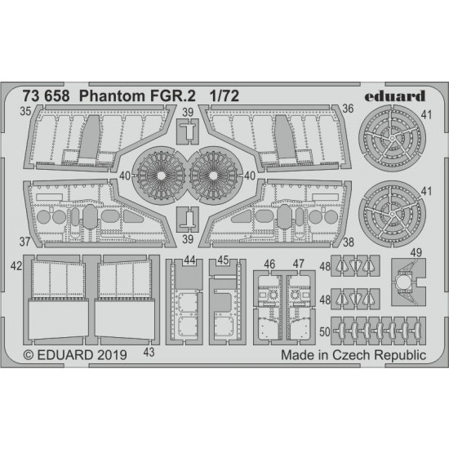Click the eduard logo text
click(x=395, y=96)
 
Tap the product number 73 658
click(x=46, y=96)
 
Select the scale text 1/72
click(x=224, y=96)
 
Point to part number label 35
click(x=25, y=111)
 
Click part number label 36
click(x=348, y=109)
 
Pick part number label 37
click(x=25, y=242)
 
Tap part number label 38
click(x=349, y=242)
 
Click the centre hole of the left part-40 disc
click(x=161, y=176)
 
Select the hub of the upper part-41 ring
click(x=393, y=138)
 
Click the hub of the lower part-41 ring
click(x=393, y=214)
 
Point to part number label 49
click(x=416, y=252)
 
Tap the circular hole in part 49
click(x=403, y=282)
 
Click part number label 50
click(x=325, y=332)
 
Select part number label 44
click(x=189, y=260)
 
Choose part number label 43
click(x=149, y=352)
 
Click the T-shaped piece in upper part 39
click(x=189, y=131)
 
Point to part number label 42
click(x=16, y=266)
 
